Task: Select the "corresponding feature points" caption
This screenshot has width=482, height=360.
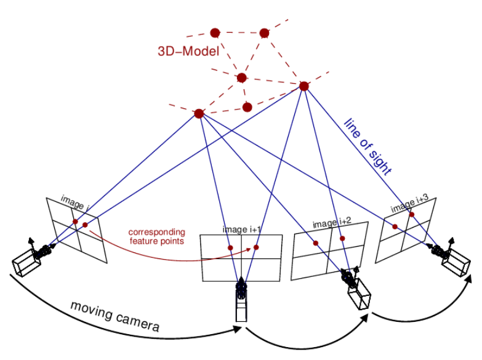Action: pyautogui.click(x=156, y=236)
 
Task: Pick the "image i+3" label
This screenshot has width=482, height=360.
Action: pyautogui.click(x=409, y=205)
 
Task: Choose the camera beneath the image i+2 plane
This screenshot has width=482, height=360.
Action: pyautogui.click(x=356, y=289)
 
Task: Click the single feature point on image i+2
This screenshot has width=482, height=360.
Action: pyautogui.click(x=315, y=244)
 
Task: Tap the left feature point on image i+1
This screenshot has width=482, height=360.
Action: pyautogui.click(x=230, y=248)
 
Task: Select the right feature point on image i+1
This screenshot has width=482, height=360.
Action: pyautogui.click(x=256, y=247)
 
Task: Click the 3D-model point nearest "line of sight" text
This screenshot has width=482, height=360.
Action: pyautogui.click(x=303, y=87)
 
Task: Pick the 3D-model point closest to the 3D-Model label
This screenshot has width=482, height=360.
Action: pyautogui.click(x=215, y=33)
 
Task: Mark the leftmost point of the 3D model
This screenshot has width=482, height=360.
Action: pyautogui.click(x=198, y=114)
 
